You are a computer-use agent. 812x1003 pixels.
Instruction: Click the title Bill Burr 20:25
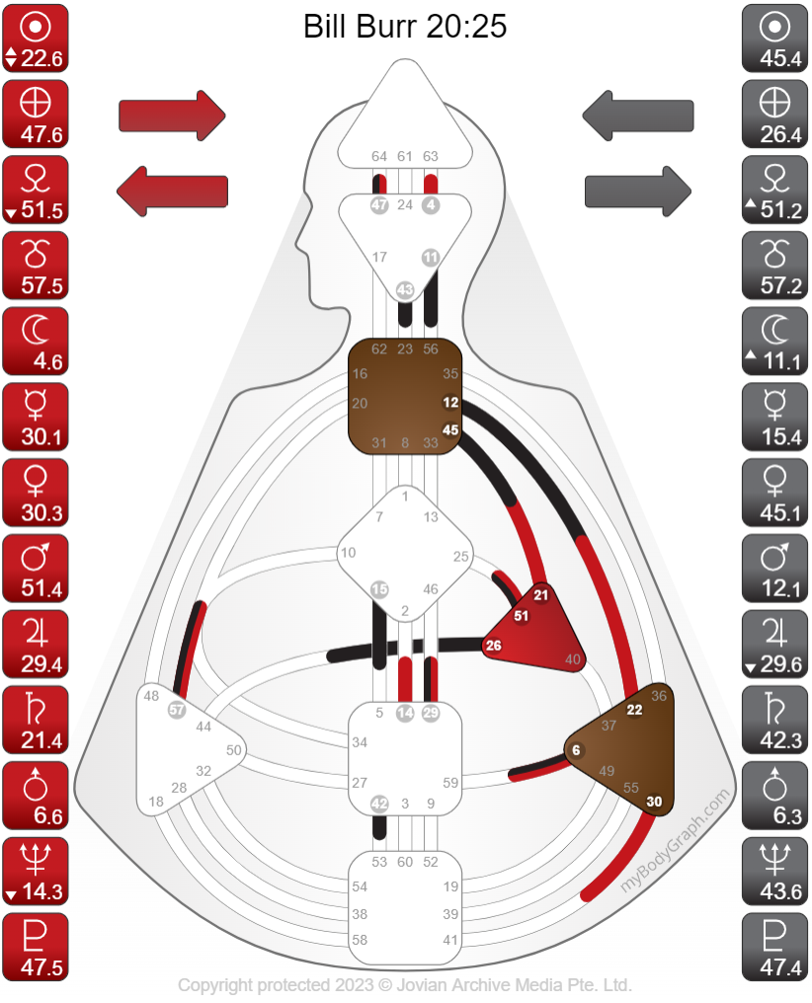(405, 27)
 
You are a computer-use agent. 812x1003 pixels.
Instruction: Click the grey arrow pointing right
(638, 188)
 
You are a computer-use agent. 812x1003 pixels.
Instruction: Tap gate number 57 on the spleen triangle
(177, 709)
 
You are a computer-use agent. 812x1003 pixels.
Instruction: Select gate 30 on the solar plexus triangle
(654, 802)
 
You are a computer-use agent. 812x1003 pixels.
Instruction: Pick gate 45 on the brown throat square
(451, 429)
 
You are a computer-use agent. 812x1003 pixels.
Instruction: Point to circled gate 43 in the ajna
(405, 290)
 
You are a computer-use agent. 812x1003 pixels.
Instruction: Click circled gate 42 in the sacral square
(379, 804)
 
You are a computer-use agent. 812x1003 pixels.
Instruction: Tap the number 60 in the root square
(405, 862)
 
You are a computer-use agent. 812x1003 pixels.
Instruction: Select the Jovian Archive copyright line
(405, 984)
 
